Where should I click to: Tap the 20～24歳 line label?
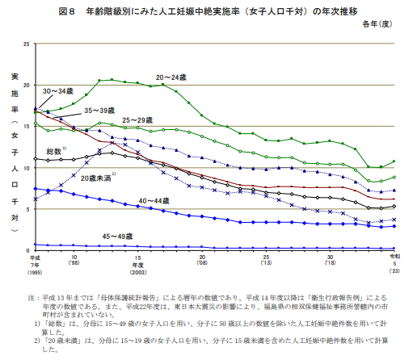coord(172,76)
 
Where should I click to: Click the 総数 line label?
coord(55,151)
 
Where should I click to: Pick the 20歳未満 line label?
coord(97,177)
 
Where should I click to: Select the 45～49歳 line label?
coord(118,236)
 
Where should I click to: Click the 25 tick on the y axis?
coord(26,44)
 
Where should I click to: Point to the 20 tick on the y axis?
coord(26,85)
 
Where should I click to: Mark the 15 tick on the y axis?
coord(26,127)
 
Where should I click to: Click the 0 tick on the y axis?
coord(27,251)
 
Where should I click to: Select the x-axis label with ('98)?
coord(74,263)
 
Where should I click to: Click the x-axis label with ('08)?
coord(201,263)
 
